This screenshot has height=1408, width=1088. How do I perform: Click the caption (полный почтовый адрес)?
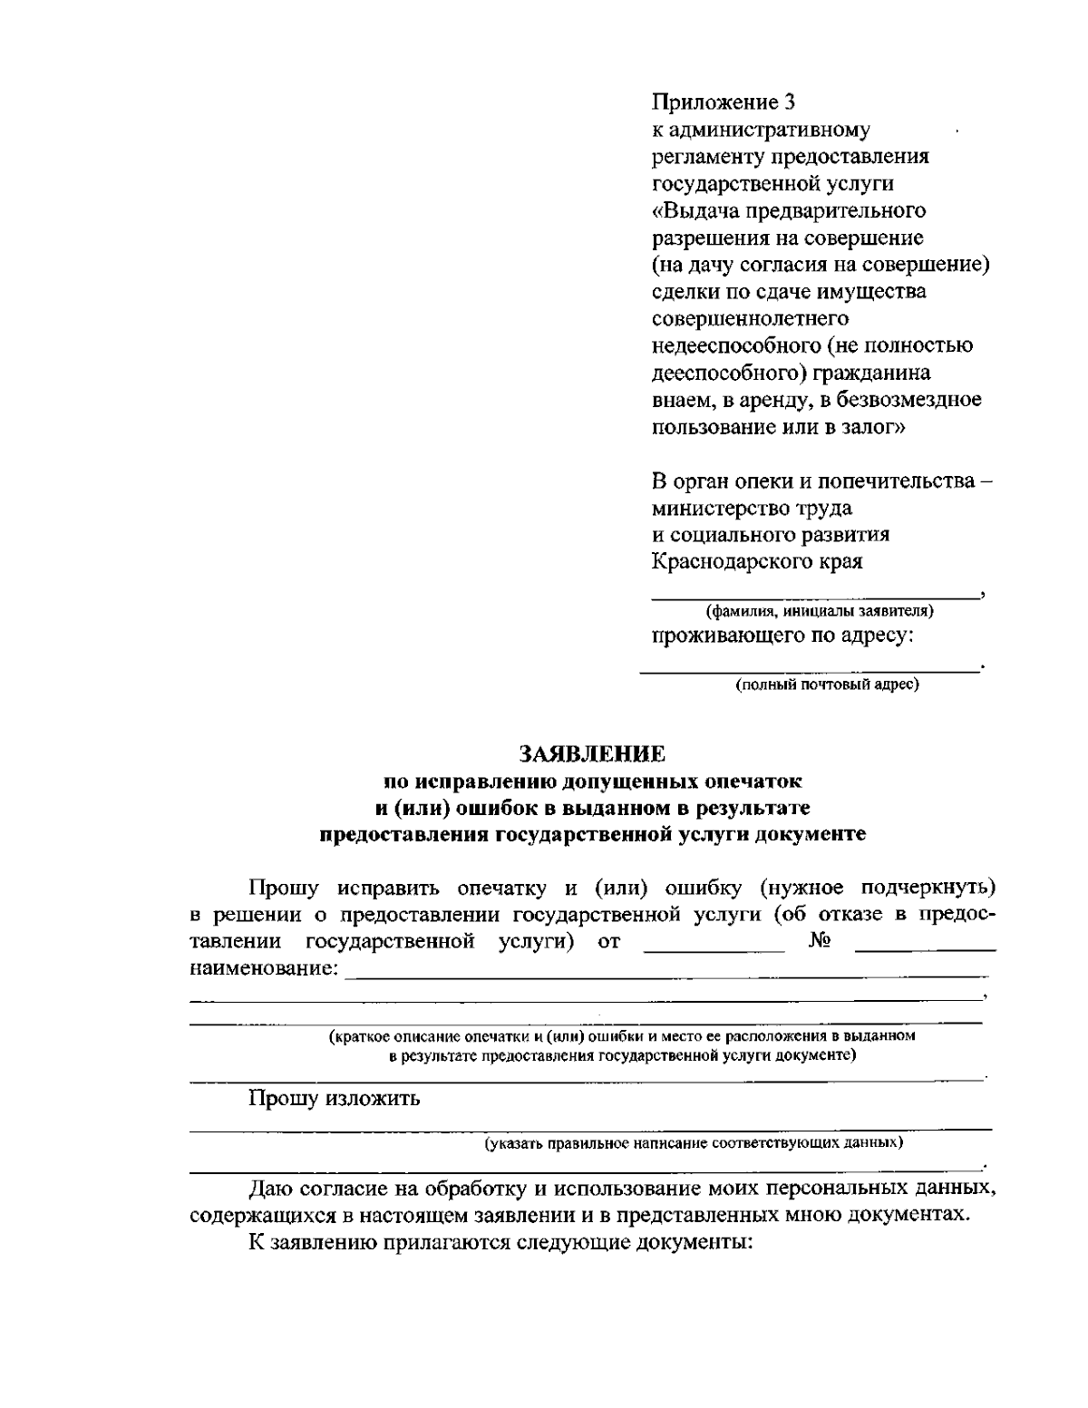(x=827, y=685)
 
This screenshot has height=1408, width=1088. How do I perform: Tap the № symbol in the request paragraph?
(x=819, y=941)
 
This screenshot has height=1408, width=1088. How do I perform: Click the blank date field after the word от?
(x=714, y=948)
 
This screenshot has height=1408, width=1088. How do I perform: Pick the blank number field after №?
(x=925, y=948)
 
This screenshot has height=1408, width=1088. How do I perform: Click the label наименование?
(x=267, y=969)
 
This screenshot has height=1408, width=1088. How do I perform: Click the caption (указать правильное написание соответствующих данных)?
(x=694, y=1143)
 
